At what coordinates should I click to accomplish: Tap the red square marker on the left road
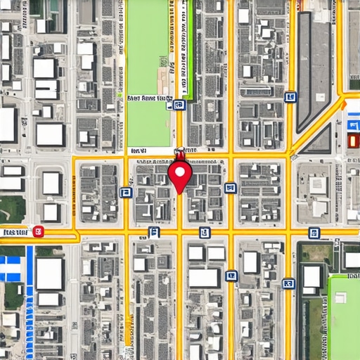pyautogui.click(x=39, y=231)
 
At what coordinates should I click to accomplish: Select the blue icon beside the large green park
pyautogui.click(x=179, y=105)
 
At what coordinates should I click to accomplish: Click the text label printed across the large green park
pyautogui.click(x=149, y=99)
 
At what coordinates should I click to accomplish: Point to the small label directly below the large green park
pyautogui.click(x=139, y=150)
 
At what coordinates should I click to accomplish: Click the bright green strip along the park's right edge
pyautogui.click(x=189, y=49)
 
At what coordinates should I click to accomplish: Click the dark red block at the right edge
pyautogui.click(x=353, y=140)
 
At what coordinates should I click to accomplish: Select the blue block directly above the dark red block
pyautogui.click(x=353, y=125)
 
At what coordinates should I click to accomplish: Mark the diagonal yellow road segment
pyautogui.click(x=316, y=127)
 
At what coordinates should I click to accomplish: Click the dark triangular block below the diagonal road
pyautogui.click(x=321, y=141)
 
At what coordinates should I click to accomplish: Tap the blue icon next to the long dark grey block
pyautogui.click(x=290, y=97)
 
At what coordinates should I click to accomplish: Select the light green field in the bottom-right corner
pyautogui.click(x=345, y=316)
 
